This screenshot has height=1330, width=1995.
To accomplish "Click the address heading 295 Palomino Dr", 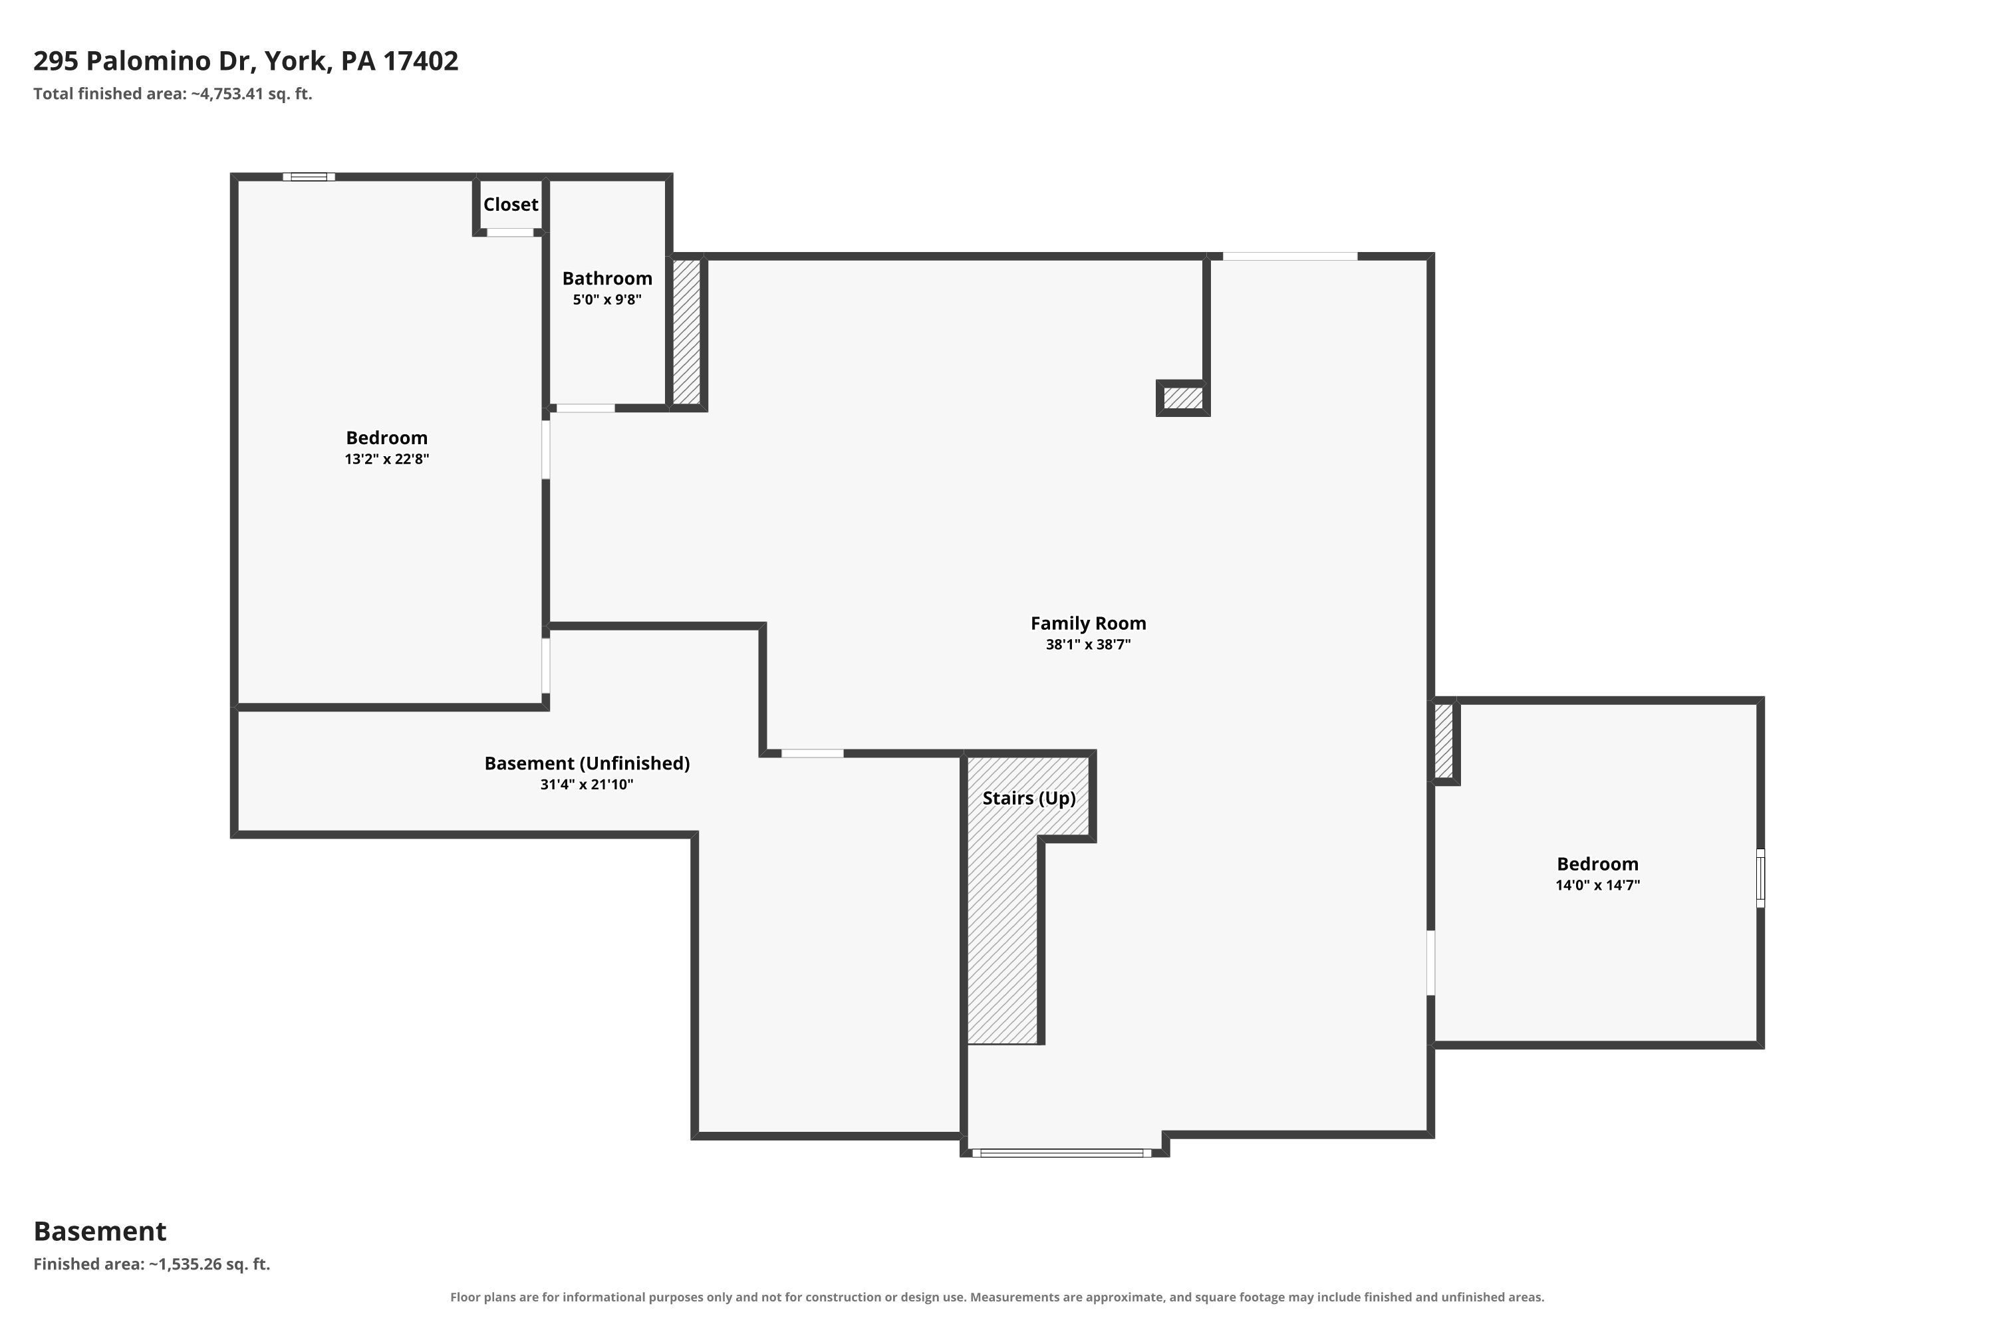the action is tap(246, 61).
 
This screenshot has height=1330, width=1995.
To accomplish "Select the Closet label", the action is tap(511, 204).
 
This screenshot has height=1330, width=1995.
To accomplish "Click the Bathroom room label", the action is tap(607, 278).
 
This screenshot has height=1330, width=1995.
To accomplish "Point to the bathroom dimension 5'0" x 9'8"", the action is tap(607, 299).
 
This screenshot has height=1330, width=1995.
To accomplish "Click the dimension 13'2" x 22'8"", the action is tap(387, 459).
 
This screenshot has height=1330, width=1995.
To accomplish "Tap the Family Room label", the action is tap(1088, 624).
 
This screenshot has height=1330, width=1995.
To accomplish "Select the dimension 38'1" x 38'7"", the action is tap(1088, 644).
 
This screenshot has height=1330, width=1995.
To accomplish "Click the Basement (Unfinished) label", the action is tap(587, 763).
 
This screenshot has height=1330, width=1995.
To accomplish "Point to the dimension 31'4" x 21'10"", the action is tap(587, 785).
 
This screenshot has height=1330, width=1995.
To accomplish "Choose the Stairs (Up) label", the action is tap(1029, 798).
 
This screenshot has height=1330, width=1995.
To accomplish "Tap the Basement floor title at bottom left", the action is tap(100, 1231).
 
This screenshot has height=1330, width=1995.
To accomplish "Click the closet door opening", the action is tap(510, 232).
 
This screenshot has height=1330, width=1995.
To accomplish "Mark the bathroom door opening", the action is tap(585, 409).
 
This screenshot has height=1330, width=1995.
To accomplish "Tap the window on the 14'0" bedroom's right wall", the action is tap(1760, 878).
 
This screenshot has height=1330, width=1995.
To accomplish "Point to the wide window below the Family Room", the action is tap(1062, 1152).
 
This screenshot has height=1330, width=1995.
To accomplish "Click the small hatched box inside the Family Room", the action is tap(1183, 398).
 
